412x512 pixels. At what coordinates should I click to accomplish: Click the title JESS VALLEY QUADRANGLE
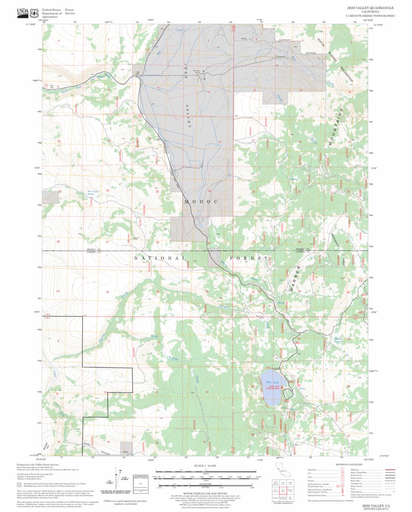(x=370, y=8)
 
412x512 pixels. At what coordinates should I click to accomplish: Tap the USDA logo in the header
(x=22, y=12)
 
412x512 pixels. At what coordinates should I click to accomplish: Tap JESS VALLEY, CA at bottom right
(x=375, y=505)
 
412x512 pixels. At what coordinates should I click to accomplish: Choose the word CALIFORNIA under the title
(x=370, y=12)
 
